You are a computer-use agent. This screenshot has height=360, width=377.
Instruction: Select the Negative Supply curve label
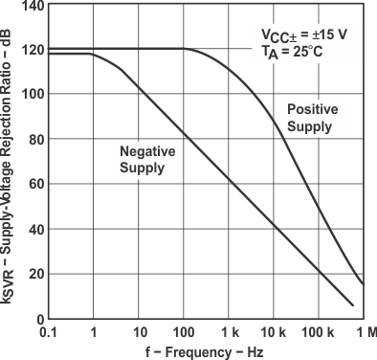tap(143, 159)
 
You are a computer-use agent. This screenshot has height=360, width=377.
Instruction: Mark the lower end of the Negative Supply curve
tap(353, 305)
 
